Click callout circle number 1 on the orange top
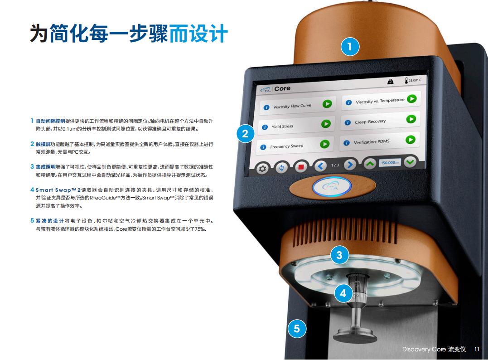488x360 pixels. pos(350,47)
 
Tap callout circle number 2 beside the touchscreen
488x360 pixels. pos(245,134)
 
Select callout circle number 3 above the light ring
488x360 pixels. pos(339,255)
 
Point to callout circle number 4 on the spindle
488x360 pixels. pos(343,293)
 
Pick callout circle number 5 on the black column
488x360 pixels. pos(297,329)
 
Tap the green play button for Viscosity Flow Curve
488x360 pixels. pos(327,104)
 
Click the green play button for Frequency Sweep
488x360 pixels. pos(324,144)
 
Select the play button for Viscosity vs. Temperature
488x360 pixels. pos(412,99)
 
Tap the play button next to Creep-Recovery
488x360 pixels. pos(411,119)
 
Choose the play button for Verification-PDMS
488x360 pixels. pos(411,140)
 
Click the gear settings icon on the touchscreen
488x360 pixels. pos(262,169)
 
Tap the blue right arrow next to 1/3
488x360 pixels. pos(350,165)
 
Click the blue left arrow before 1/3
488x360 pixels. pos(320,166)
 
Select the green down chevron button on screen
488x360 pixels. pos(410,162)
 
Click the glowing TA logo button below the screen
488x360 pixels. pos(332,187)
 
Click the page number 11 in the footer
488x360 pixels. pos(477,349)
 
